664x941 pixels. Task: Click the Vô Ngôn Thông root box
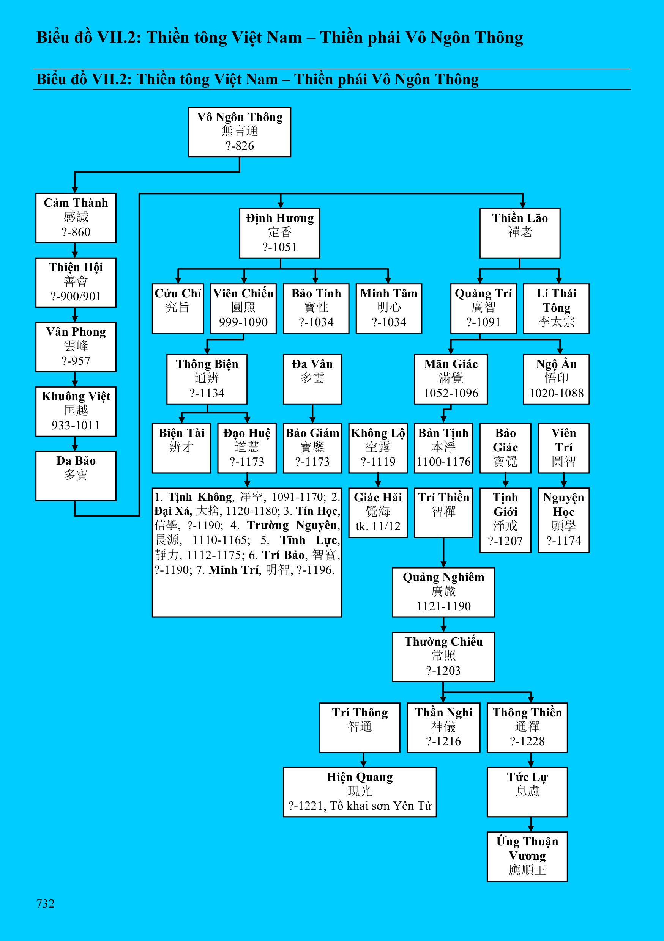(x=240, y=132)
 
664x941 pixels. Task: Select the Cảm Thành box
(x=76, y=218)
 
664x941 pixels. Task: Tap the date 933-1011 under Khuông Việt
(x=76, y=425)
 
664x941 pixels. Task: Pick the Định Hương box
(x=280, y=233)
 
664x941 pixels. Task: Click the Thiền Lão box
(x=520, y=233)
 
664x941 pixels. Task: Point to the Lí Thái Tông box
(x=556, y=308)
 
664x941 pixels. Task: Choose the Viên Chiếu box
(x=243, y=308)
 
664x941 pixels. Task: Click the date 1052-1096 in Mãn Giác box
(x=451, y=393)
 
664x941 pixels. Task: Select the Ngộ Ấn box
(x=556, y=379)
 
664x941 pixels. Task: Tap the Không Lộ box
(x=378, y=448)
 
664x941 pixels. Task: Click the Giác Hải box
(x=378, y=512)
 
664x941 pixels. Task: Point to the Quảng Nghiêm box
(x=443, y=592)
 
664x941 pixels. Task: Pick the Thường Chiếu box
(x=443, y=657)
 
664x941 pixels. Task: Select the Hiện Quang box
(x=360, y=792)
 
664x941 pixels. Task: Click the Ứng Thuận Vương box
(x=527, y=856)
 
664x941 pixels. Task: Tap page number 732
(x=45, y=903)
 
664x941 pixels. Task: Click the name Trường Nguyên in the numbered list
(x=293, y=525)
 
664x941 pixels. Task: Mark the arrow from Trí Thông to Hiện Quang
(x=363, y=760)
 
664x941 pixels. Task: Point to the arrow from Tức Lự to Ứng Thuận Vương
(x=531, y=825)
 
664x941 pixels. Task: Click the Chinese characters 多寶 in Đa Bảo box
(x=76, y=475)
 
